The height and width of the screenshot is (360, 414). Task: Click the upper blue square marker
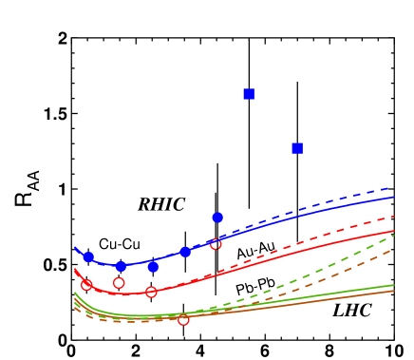249,94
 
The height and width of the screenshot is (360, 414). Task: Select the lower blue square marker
297,148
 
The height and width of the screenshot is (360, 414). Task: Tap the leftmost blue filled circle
88,257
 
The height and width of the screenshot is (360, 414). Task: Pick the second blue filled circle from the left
121,267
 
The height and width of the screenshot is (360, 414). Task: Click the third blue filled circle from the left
153,268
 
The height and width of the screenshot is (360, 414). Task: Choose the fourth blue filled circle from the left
185,253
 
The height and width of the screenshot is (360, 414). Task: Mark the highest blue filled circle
217,218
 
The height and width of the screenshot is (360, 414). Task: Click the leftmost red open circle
86,284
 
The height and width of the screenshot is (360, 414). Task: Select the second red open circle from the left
119,283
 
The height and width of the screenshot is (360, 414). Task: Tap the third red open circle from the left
151,293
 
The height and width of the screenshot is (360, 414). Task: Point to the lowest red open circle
183,320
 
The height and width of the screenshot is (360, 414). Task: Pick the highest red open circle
216,245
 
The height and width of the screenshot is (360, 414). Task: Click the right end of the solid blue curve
394,197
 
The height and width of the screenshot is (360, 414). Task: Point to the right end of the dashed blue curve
394,187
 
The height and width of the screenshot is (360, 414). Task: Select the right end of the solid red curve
394,231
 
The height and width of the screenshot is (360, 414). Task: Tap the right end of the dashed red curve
394,217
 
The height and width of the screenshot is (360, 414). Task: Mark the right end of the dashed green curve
394,235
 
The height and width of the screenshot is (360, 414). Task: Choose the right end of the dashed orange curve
394,249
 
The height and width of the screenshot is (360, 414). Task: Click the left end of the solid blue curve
75,248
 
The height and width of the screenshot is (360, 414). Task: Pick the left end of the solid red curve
75,270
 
